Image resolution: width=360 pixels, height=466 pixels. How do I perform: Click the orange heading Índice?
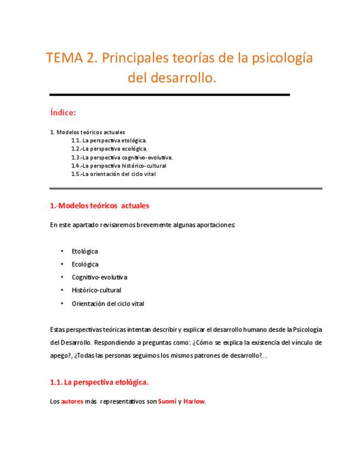[x=63, y=112]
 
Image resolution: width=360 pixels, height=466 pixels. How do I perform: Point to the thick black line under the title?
[x=169, y=95]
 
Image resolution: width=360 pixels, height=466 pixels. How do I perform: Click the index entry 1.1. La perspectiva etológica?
[x=109, y=140]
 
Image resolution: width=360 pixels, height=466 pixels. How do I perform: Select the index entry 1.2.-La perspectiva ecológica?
[x=109, y=148]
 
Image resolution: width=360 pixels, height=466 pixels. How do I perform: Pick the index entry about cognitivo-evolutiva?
[x=121, y=157]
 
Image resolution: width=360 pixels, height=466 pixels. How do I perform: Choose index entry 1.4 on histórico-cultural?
[x=118, y=165]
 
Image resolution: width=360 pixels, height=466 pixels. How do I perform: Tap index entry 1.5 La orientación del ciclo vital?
[x=113, y=174]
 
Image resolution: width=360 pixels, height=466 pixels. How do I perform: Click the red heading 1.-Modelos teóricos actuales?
[x=99, y=206]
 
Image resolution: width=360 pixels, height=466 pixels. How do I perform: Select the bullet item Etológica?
[x=85, y=251]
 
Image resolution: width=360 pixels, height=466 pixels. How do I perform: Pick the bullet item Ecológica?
[x=85, y=264]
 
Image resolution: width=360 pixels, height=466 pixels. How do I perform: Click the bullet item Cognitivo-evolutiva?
[x=99, y=277]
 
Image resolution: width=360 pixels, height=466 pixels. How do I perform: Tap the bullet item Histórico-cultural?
[x=96, y=290]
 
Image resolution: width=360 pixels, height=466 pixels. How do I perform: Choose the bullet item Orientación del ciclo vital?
[x=108, y=303]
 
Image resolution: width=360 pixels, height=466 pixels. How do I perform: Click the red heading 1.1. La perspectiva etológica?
[x=99, y=381]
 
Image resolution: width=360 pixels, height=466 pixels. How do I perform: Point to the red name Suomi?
[x=167, y=401]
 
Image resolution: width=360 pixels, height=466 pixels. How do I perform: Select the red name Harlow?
[x=194, y=401]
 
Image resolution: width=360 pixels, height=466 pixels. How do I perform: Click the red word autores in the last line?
[x=72, y=401]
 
